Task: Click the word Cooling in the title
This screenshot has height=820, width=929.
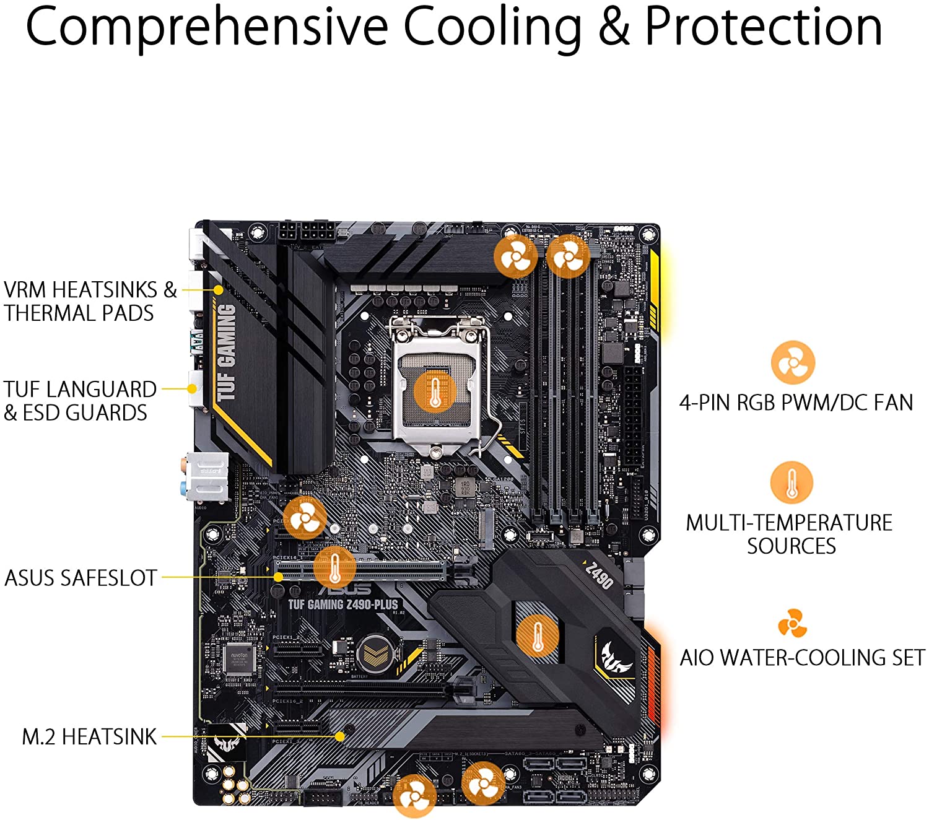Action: click(492, 27)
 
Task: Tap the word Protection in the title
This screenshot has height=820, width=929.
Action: click(763, 27)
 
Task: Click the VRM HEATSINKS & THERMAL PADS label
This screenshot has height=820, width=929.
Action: click(90, 301)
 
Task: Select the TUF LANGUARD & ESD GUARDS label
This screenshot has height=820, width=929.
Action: click(80, 401)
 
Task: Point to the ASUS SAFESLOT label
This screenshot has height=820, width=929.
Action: click(81, 577)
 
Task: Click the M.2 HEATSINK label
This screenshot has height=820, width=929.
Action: click(89, 736)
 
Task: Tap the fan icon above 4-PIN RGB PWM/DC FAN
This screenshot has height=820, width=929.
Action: click(792, 362)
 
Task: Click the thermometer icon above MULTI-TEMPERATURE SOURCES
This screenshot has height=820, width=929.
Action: click(791, 482)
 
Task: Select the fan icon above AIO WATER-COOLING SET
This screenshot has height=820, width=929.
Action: click(792, 623)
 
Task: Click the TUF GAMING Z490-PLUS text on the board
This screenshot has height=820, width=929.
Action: click(343, 604)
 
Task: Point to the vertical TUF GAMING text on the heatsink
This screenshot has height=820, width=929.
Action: click(227, 352)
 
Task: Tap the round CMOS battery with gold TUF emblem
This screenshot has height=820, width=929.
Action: click(376, 652)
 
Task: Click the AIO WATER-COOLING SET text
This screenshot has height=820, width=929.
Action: click(802, 657)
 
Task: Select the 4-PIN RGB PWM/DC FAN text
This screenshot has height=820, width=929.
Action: click(796, 403)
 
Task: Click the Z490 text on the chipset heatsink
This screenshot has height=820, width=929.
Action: click(599, 575)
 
